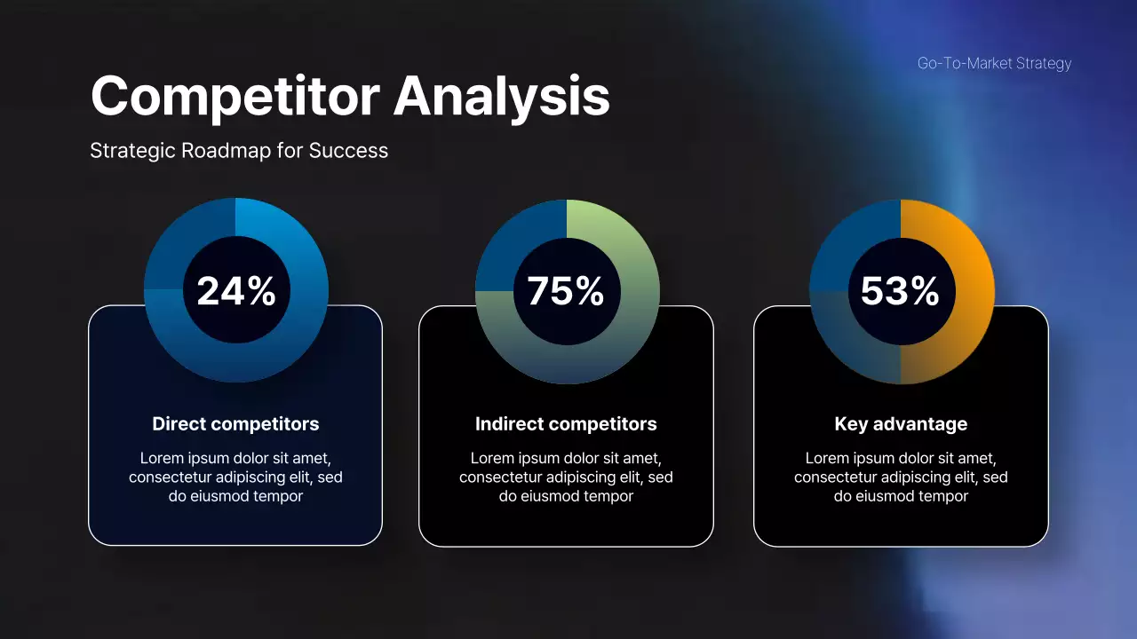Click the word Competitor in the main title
235,96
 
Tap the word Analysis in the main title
502,96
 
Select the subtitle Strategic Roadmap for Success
239,151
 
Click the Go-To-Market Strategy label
994,63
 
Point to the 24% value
236,291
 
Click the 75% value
567,291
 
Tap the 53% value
900,291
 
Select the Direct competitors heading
235,424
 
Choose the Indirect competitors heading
566,424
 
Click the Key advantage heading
901,424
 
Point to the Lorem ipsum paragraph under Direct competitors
235,477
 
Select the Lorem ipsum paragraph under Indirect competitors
566,477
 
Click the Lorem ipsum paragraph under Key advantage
901,477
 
